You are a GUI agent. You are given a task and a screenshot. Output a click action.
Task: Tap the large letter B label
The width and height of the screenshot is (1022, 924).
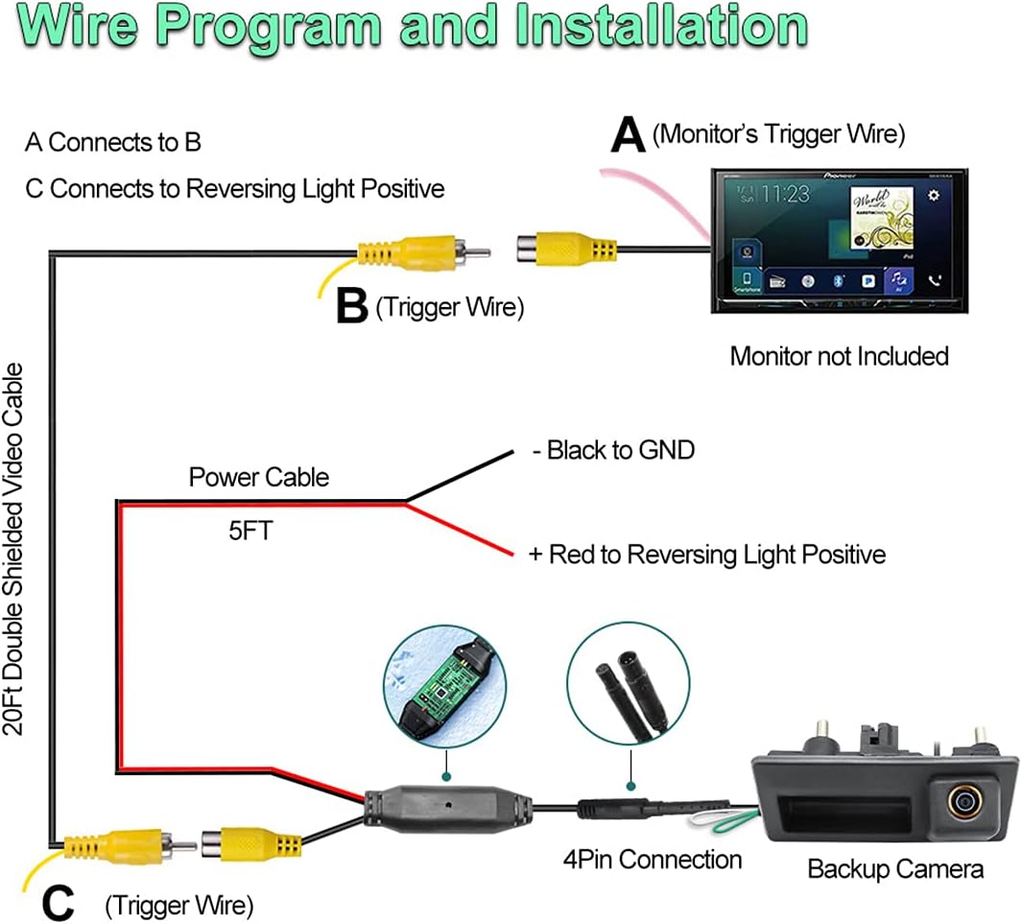[352, 307]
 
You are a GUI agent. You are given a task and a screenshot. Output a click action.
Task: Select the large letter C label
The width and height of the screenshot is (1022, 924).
[59, 902]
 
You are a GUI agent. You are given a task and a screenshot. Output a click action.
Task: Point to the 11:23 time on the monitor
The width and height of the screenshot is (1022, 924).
[785, 194]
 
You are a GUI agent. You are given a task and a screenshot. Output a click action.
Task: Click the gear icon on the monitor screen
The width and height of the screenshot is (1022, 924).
[933, 195]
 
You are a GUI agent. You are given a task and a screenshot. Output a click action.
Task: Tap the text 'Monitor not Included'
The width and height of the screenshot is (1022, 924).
[839, 356]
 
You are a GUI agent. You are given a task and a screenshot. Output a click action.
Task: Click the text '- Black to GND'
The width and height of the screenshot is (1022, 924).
[613, 449]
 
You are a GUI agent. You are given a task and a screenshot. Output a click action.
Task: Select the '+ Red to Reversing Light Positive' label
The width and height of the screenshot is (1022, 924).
[706, 554]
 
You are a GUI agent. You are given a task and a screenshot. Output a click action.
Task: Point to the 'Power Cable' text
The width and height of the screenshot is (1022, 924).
[258, 477]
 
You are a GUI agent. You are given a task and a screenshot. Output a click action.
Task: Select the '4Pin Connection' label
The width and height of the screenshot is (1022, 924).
[652, 860]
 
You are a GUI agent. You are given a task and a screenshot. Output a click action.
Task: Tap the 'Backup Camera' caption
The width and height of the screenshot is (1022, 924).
[894, 869]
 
